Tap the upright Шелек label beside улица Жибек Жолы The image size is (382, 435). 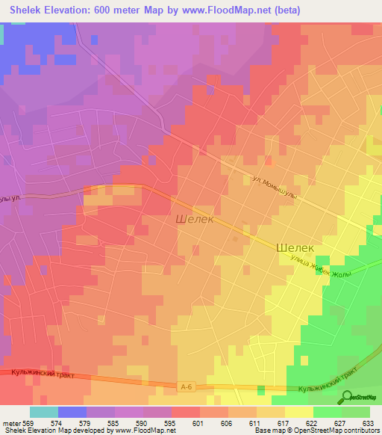pos(295,247)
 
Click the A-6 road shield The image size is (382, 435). pos(187,386)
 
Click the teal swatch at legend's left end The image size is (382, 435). pos(43,411)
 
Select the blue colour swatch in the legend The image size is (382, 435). pos(72,411)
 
